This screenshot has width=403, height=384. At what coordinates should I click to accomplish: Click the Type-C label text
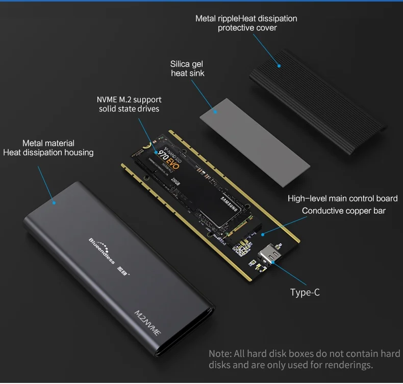coord(305,292)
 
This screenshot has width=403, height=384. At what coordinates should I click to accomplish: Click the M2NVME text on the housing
coord(148,322)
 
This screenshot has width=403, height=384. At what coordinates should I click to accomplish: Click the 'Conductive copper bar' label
coord(344,211)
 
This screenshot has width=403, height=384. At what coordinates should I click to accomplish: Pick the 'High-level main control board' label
coord(342,198)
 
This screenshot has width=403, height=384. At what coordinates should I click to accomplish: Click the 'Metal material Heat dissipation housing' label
coord(48,148)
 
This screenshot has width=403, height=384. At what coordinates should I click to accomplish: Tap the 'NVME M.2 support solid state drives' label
coord(129,104)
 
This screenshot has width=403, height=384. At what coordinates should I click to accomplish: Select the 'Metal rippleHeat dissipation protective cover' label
coord(247,23)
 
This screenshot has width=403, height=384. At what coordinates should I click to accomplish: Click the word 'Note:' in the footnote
coord(220,354)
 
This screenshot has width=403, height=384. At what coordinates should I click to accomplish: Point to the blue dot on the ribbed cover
coord(279,65)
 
